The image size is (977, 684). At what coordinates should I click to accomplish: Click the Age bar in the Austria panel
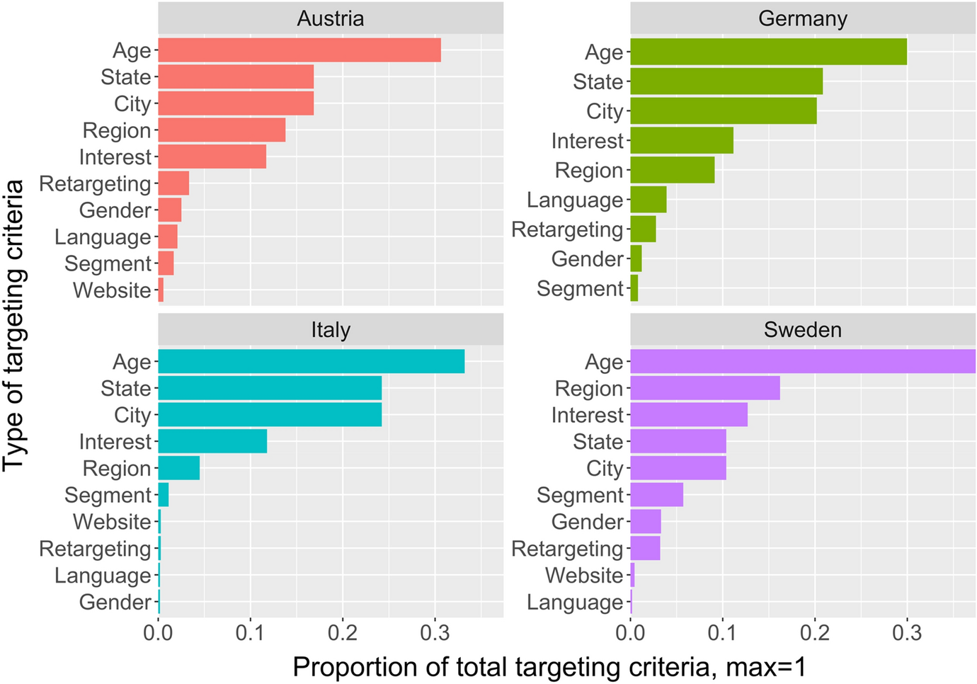click(x=299, y=50)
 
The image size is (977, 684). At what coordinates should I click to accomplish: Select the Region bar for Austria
click(x=222, y=130)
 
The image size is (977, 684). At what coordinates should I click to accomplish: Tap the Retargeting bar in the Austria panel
click(x=173, y=183)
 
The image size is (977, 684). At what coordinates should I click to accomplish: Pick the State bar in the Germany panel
click(x=726, y=81)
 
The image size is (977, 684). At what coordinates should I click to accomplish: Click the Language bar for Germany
click(x=649, y=200)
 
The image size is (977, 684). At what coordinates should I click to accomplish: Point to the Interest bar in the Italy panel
click(x=212, y=441)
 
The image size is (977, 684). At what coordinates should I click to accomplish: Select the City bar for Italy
click(x=270, y=415)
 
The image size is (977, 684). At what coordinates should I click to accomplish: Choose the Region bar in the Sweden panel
click(x=705, y=388)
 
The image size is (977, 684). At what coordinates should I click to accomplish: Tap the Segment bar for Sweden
click(x=657, y=495)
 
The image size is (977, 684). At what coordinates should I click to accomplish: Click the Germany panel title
click(x=803, y=18)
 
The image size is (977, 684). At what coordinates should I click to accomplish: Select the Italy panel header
click(x=331, y=330)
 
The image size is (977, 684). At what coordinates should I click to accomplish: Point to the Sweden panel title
click(x=803, y=330)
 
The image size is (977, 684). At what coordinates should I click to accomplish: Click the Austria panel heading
click(x=331, y=18)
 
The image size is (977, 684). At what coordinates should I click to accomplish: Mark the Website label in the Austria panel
click(x=112, y=290)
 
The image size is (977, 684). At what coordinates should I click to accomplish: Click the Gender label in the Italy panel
click(x=115, y=602)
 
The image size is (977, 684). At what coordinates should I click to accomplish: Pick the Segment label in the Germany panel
click(x=580, y=289)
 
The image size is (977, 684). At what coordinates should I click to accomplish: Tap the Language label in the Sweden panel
click(x=575, y=602)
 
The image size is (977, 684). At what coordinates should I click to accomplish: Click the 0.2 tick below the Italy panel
click(x=343, y=632)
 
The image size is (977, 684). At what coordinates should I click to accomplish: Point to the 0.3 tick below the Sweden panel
click(x=907, y=632)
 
